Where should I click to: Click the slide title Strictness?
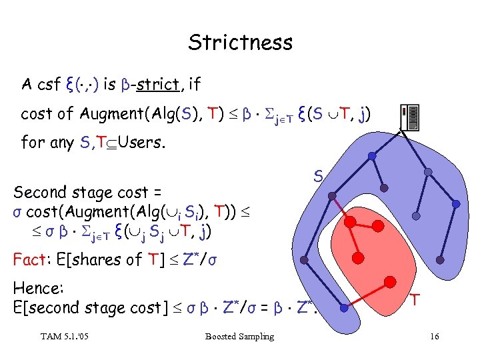(240, 42)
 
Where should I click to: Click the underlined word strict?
(161, 85)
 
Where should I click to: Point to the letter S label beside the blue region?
(319, 177)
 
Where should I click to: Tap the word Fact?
(29, 259)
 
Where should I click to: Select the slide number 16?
(435, 336)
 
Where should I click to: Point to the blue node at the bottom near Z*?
(344, 308)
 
